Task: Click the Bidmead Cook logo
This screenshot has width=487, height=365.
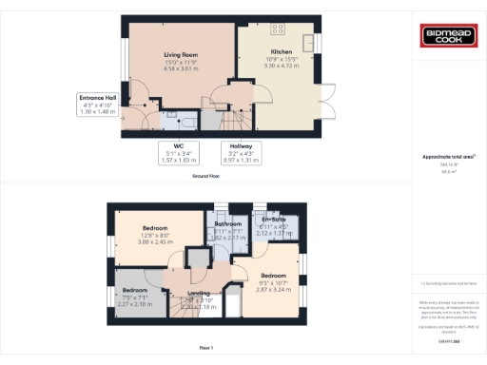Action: (x=448, y=37)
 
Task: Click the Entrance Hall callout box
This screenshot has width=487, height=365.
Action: (x=98, y=105)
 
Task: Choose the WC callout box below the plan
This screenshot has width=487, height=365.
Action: (x=178, y=152)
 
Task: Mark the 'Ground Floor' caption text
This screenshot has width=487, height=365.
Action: (x=206, y=177)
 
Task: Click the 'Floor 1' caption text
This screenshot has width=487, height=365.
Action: (x=206, y=349)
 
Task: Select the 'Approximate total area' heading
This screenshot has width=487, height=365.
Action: (x=448, y=157)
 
